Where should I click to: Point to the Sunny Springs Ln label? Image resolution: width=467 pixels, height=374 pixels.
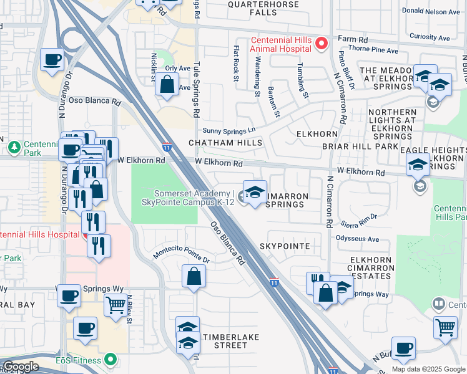[230, 130]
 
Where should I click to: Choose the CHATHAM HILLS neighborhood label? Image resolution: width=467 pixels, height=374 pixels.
[225, 143]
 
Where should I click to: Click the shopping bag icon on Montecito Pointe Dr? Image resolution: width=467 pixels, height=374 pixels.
[194, 276]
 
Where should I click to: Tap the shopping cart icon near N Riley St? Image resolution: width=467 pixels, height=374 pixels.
[116, 307]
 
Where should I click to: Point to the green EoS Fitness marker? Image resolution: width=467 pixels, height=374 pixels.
[111, 359]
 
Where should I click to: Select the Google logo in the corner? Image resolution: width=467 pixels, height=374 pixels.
[21, 367]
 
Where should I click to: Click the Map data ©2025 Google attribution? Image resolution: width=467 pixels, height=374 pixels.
[428, 369]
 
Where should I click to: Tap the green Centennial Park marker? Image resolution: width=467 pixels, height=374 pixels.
[14, 147]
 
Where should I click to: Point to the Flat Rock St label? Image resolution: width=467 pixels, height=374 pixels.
[236, 63]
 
